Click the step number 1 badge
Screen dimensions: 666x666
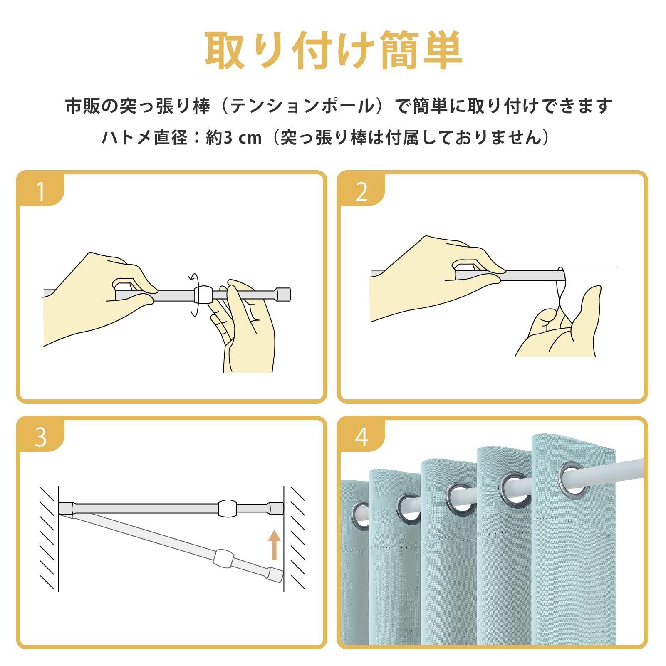point(40,190)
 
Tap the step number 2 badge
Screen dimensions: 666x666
point(361,190)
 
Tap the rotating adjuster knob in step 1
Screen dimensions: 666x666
point(203,295)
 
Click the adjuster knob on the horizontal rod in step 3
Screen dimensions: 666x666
point(227,508)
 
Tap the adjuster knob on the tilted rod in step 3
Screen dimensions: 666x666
point(224,556)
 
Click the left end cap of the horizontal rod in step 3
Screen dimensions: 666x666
point(67,508)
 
